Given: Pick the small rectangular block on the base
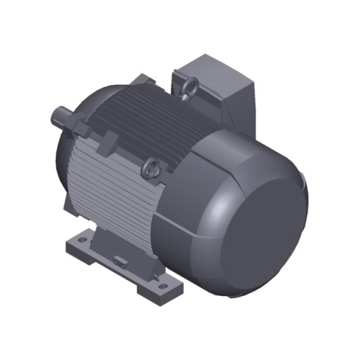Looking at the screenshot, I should pyautogui.click(x=119, y=257).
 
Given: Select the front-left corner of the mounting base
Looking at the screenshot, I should pyautogui.click(x=69, y=248).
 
